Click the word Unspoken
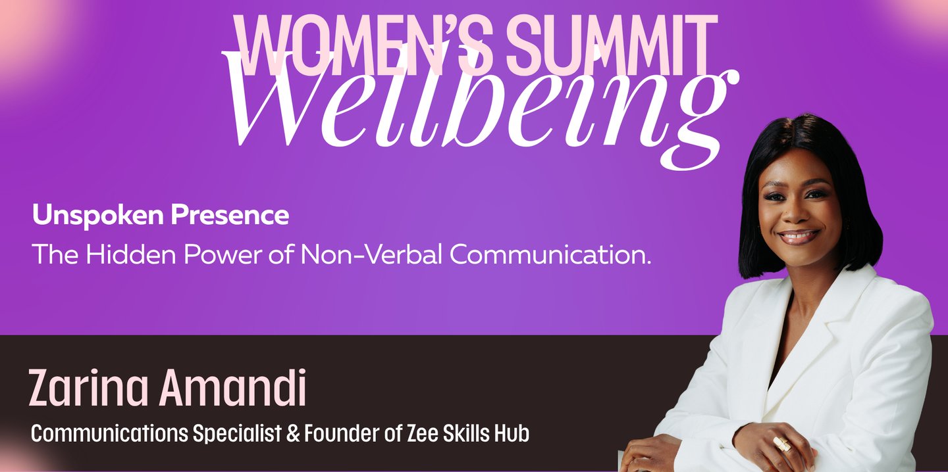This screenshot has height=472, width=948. click(x=97, y=216)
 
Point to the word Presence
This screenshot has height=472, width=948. click(x=230, y=215)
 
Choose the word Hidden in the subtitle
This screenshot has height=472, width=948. click(x=131, y=254)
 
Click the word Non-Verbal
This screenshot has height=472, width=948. click(x=371, y=254)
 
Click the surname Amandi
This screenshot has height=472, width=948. click(x=232, y=387)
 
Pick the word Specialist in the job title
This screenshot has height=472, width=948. click(x=238, y=433)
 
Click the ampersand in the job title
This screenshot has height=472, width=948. click(x=293, y=434)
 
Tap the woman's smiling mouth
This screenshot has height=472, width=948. click(x=798, y=236)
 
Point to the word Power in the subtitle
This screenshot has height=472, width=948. click(x=223, y=254)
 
